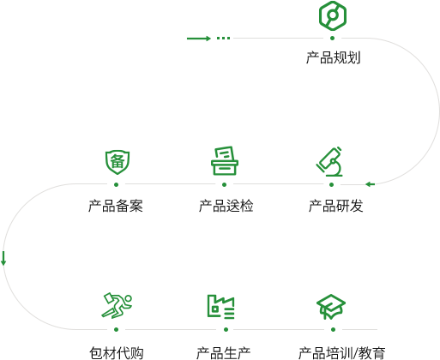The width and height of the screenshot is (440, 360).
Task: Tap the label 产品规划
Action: click(x=333, y=57)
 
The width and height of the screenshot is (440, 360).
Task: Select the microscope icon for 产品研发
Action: click(x=329, y=161)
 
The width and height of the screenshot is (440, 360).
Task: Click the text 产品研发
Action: click(x=336, y=206)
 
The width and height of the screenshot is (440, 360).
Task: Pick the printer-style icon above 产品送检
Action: click(x=225, y=160)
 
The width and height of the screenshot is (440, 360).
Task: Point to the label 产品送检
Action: click(x=226, y=206)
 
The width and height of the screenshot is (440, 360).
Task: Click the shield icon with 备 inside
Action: click(x=118, y=162)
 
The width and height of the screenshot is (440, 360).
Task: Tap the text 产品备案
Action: click(x=116, y=206)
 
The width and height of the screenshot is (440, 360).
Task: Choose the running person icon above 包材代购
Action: click(x=117, y=305)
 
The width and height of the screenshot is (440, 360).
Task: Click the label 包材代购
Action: click(x=117, y=353)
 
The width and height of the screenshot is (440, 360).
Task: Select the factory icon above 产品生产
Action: click(x=220, y=307)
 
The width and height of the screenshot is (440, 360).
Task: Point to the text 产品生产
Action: click(x=223, y=353)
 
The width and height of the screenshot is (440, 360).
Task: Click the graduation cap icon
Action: click(x=331, y=307)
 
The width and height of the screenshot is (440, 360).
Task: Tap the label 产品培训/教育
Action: click(x=342, y=353)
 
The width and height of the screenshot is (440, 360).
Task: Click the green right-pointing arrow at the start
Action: click(x=199, y=39)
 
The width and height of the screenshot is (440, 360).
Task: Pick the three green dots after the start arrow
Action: click(x=223, y=38)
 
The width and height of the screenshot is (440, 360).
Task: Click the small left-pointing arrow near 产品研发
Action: click(x=371, y=184)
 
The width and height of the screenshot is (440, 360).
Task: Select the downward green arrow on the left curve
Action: click(x=3, y=258)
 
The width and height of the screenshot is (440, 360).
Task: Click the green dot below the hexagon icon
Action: click(x=332, y=38)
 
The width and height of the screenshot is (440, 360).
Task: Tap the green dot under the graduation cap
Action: click(x=333, y=329)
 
